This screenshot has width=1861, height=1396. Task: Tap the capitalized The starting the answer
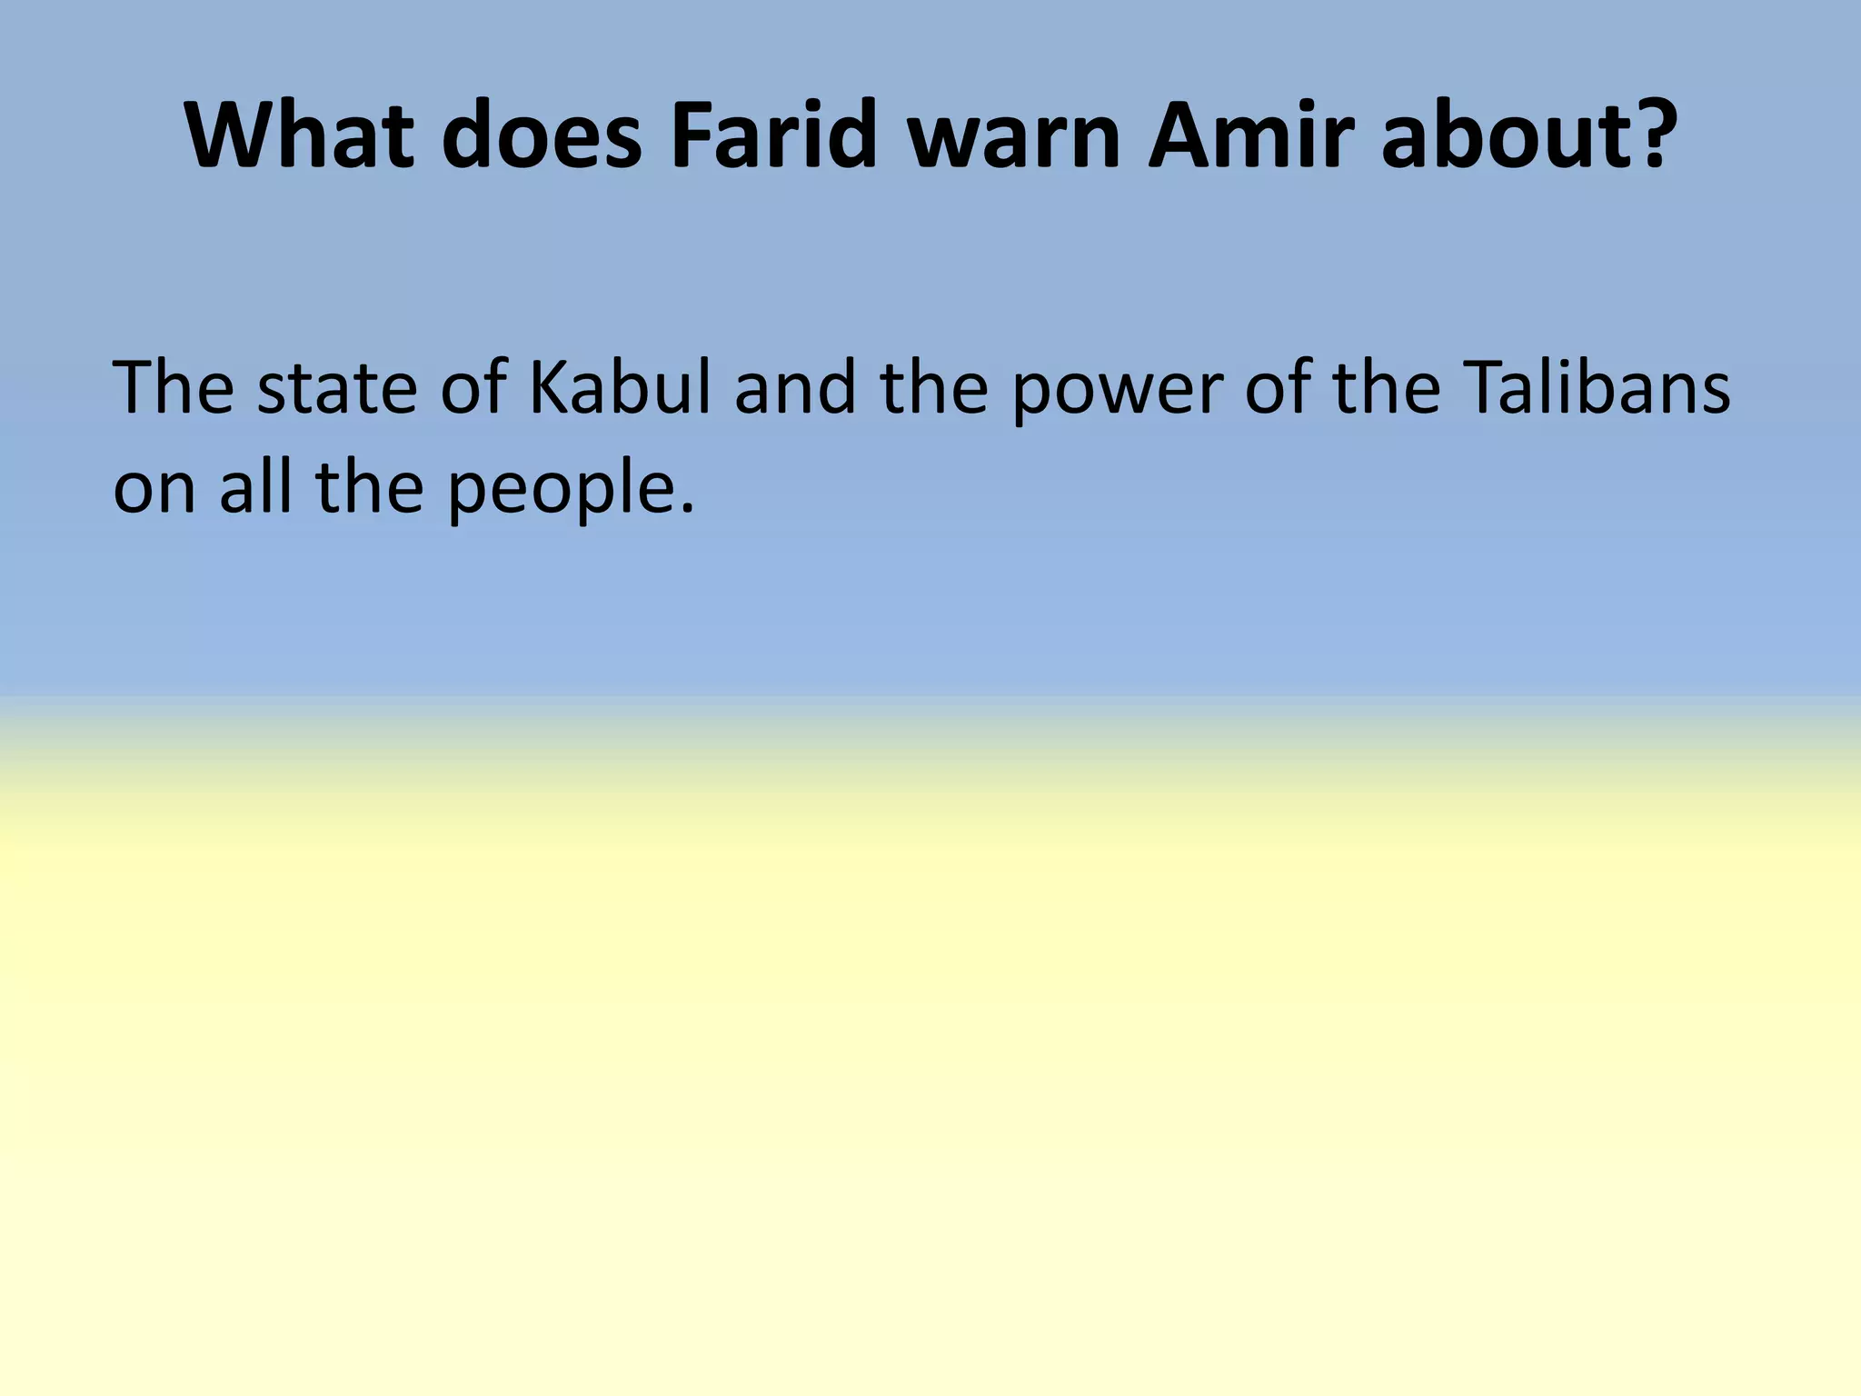[173, 388]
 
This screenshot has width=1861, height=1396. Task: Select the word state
[336, 388]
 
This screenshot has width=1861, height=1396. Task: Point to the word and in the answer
[795, 388]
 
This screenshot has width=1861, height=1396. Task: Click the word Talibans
[1597, 388]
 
